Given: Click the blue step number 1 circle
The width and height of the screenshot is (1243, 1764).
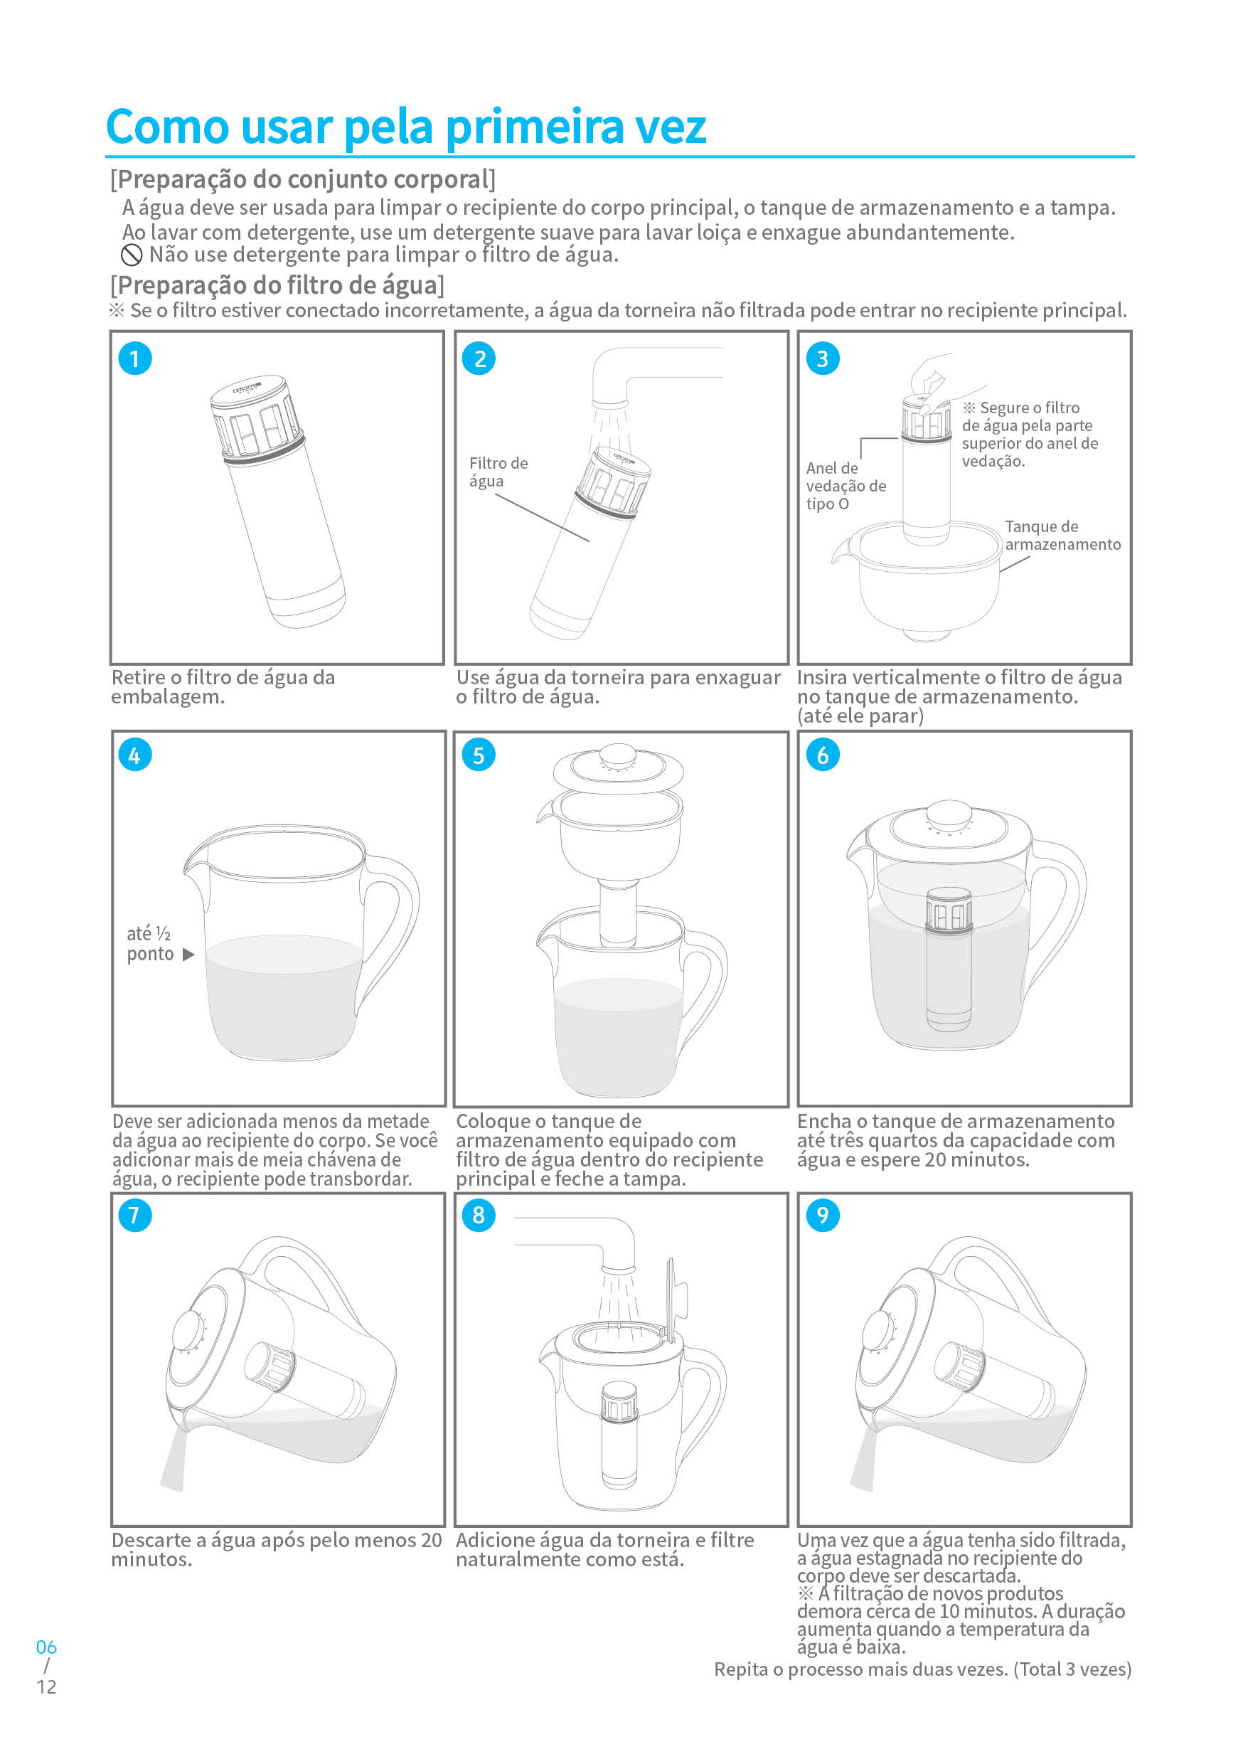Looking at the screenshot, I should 134,358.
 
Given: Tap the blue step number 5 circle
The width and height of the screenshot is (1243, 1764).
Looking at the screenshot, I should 479,755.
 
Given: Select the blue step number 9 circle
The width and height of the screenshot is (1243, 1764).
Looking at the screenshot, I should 822,1216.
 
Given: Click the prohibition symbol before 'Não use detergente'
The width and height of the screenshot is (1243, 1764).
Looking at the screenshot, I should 132,256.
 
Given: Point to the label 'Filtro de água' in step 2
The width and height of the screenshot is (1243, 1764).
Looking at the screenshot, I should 498,472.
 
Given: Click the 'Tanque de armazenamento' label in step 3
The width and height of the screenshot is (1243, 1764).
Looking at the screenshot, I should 1062,536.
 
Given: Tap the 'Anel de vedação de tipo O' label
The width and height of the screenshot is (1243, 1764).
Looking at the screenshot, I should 844,486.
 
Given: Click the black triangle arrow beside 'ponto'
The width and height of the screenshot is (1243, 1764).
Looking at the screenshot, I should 188,955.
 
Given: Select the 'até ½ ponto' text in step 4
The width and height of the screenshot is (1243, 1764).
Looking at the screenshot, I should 150,943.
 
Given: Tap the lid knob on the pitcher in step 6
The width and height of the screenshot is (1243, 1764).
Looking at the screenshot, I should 949,814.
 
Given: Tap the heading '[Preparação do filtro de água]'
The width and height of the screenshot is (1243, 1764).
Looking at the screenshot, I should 277,286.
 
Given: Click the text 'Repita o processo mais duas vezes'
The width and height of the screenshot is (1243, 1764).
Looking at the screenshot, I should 860,1669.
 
